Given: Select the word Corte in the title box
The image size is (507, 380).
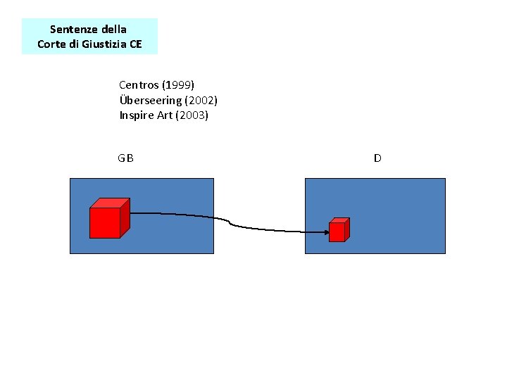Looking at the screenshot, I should coord(51,44).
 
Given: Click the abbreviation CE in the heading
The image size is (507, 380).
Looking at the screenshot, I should coord(135,44).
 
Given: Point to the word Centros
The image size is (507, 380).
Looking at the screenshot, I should coord(139,85).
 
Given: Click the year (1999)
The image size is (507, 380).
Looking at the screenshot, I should coord(178,85).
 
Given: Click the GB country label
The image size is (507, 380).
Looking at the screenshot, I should coord(126,158).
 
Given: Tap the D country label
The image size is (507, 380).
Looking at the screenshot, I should coord(377,158).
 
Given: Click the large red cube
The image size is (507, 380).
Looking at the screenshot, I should coord(106,222).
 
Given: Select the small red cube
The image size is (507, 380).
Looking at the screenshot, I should coord(337,231).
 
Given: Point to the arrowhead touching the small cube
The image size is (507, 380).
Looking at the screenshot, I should coord(325,231).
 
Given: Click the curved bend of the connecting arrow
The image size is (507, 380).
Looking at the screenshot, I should coord(230,222).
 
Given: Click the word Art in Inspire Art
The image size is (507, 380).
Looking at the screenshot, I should coord(164,115).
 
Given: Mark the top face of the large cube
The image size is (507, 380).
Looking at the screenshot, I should coord(110,203).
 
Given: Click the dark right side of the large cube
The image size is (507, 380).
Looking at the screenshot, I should coord(125,218).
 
